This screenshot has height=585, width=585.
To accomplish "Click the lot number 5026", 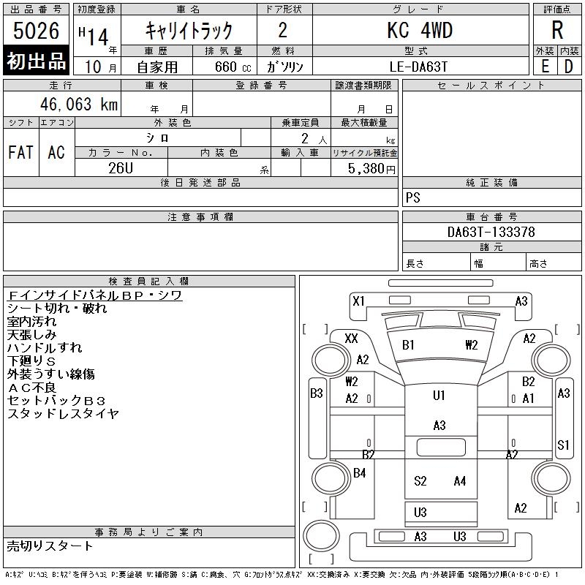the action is (37, 31).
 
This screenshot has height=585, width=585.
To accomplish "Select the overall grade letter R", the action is (557, 31).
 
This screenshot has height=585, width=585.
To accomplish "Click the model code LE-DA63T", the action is (420, 66).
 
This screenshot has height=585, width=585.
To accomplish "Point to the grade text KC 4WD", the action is (420, 31).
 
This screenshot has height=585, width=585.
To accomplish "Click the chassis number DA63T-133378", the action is (491, 233).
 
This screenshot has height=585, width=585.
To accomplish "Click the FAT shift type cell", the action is (20, 152).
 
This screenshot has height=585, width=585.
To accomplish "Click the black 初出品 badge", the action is (37, 62).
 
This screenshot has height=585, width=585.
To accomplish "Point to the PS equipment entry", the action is (413, 198).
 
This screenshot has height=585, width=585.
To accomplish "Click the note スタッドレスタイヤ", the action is (63, 414).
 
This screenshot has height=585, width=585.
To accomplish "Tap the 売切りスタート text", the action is (50, 546).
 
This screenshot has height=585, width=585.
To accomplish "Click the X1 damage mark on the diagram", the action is (358, 301).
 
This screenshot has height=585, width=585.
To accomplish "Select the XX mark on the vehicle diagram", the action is (351, 338).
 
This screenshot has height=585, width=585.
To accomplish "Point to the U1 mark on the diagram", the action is (439, 396).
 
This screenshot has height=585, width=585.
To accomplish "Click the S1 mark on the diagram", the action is (563, 445).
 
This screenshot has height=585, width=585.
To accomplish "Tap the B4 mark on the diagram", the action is (359, 473).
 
